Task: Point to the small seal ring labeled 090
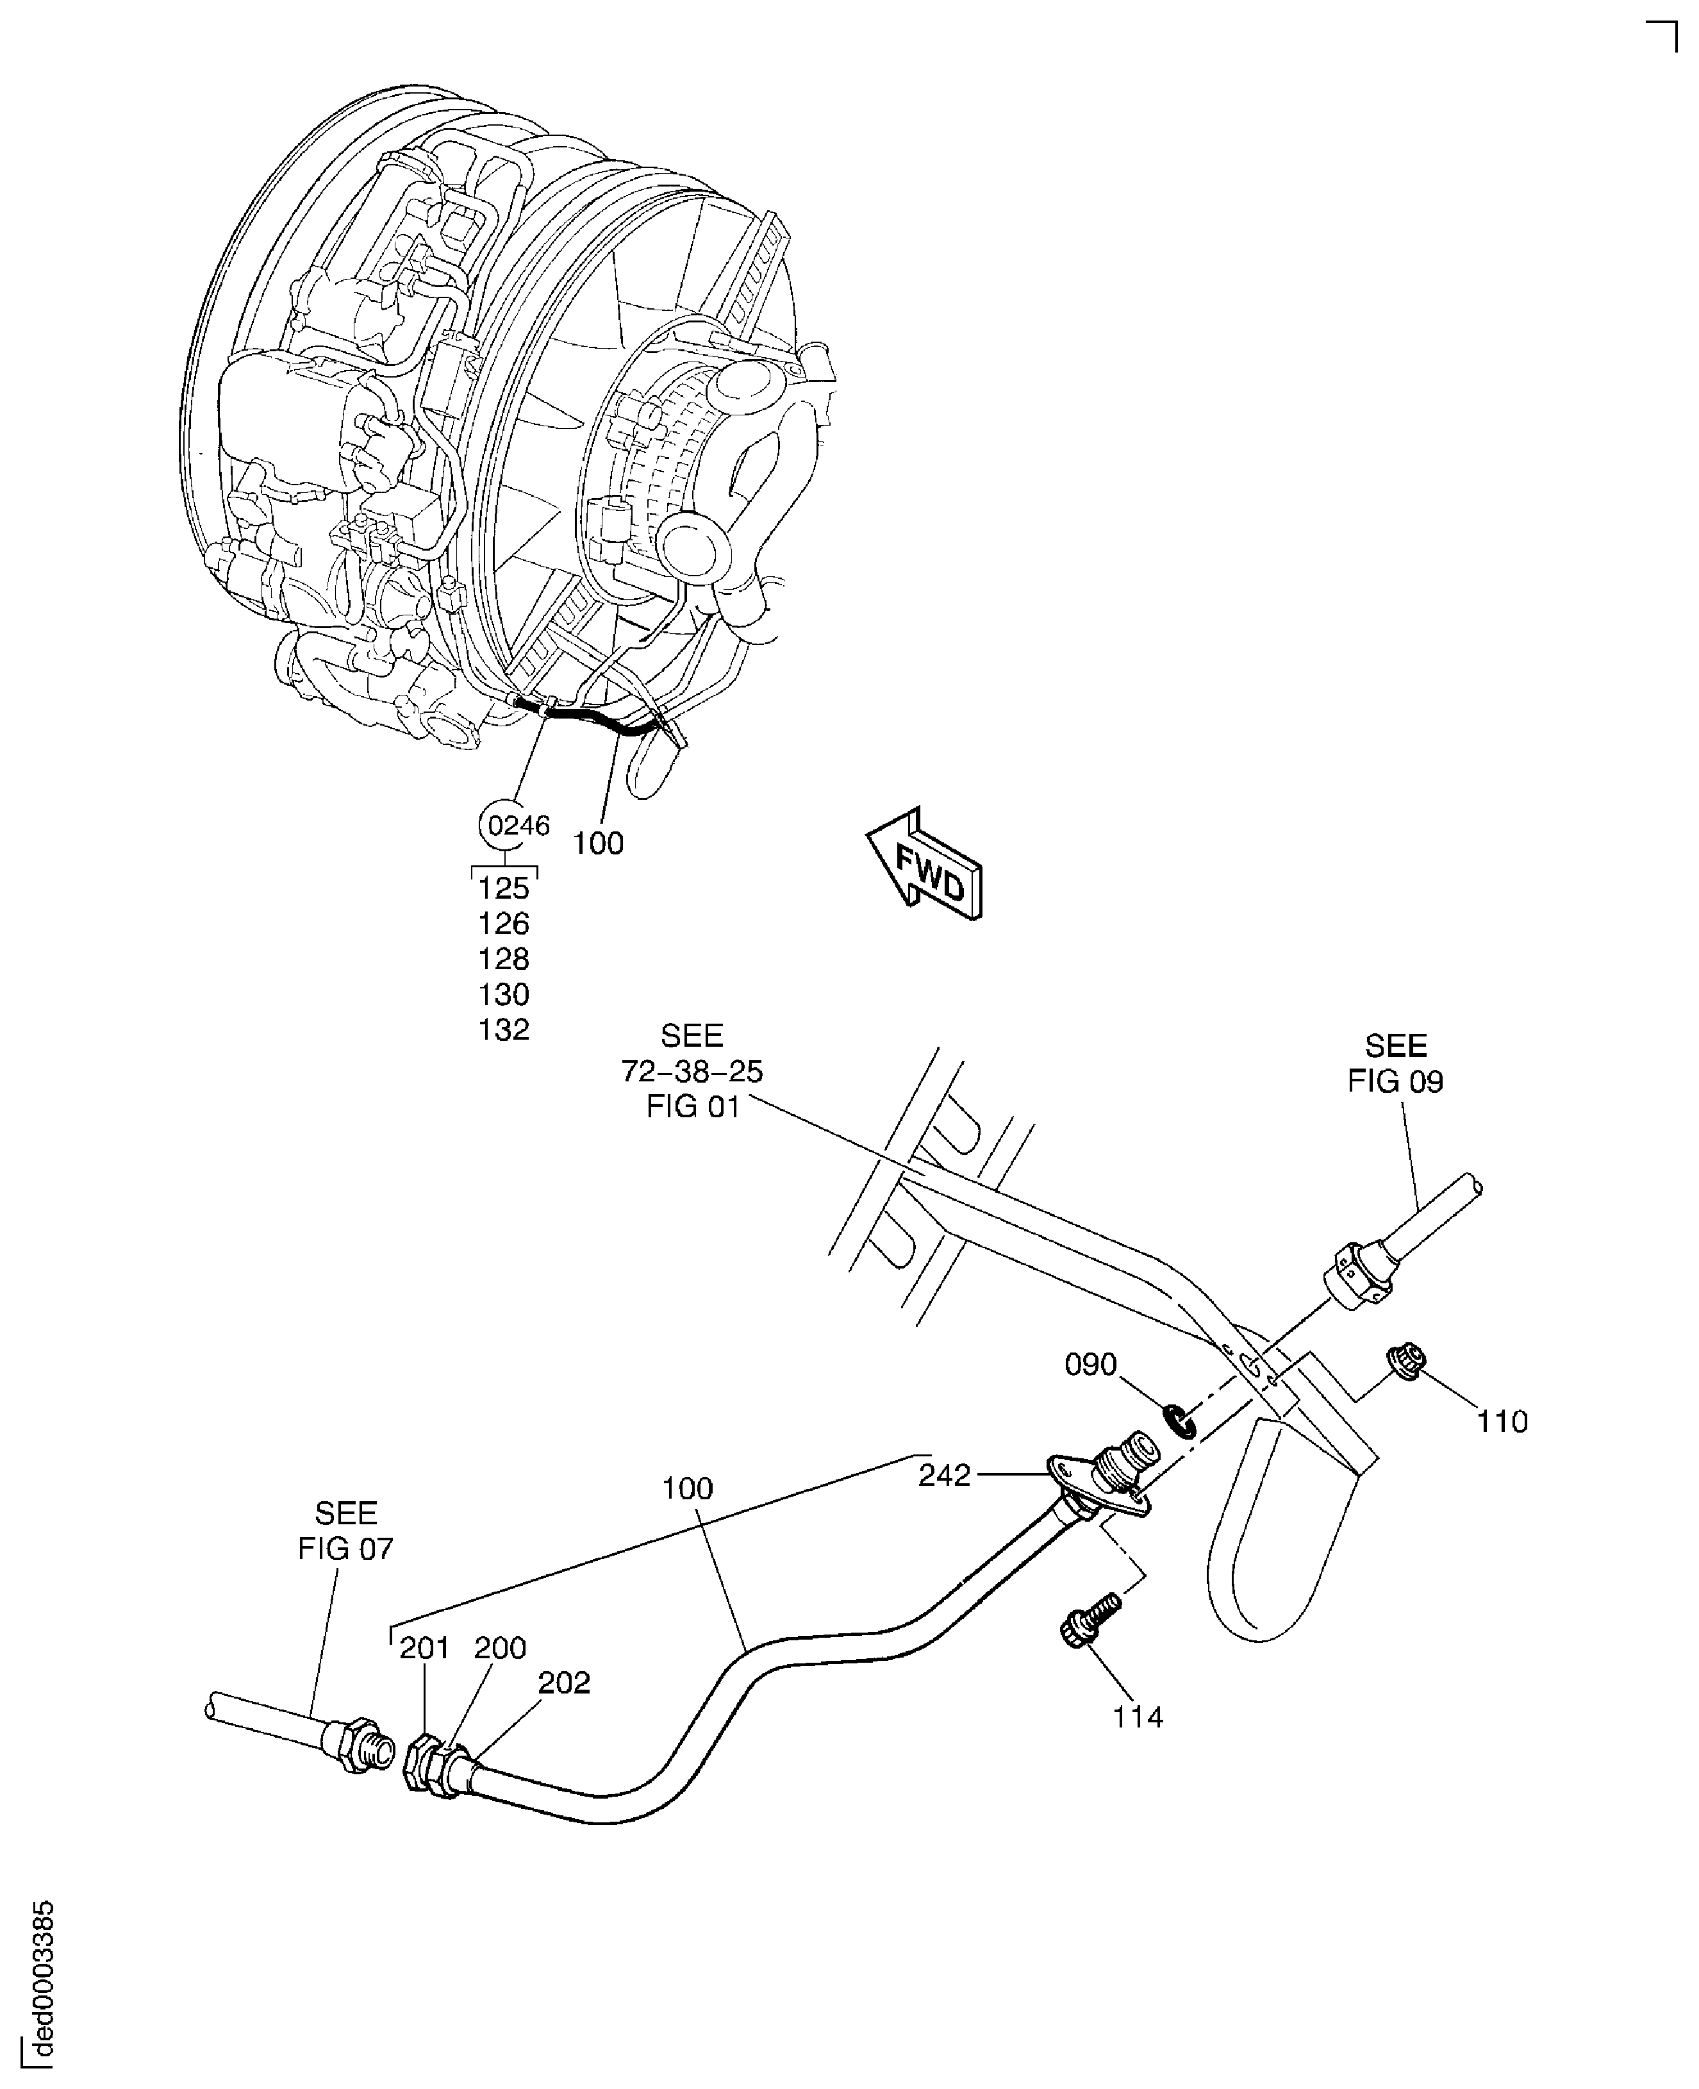pos(1179,1420)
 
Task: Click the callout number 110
pos(1502,1420)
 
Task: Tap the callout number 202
pos(564,1682)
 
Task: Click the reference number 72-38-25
pos(692,1071)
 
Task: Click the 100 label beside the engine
pos(597,843)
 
